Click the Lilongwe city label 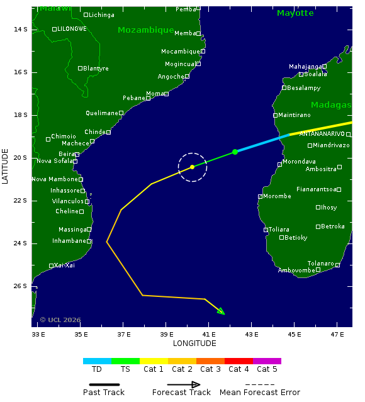pyautogui.click(x=72, y=29)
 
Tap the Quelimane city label pyautogui.click(x=102, y=113)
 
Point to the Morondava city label pyautogui.click(x=299, y=162)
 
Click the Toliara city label pyautogui.click(x=279, y=230)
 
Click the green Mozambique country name pyautogui.click(x=145, y=30)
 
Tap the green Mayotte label pyautogui.click(x=295, y=13)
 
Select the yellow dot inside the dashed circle pyautogui.click(x=193, y=167)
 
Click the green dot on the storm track pyautogui.click(x=235, y=152)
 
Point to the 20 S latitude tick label pyautogui.click(x=21, y=157)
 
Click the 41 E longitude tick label pyautogui.click(x=209, y=334)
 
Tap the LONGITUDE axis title pyautogui.click(x=194, y=343)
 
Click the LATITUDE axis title pyautogui.click(x=6, y=167)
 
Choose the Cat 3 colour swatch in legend pyautogui.click(x=210, y=361)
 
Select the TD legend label pyautogui.click(x=97, y=369)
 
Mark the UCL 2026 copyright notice pyautogui.click(x=60, y=320)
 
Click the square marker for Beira pyautogui.click(x=77, y=154)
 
